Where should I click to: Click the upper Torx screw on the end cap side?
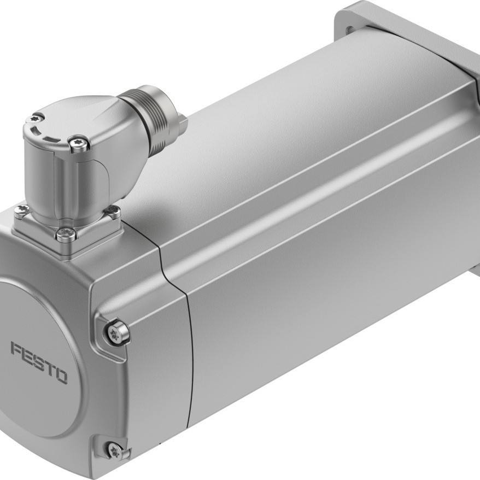pyautogui.click(x=116, y=333)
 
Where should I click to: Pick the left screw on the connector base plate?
pyautogui.click(x=22, y=210)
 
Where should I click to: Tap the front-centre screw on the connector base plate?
pyautogui.click(x=66, y=234)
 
